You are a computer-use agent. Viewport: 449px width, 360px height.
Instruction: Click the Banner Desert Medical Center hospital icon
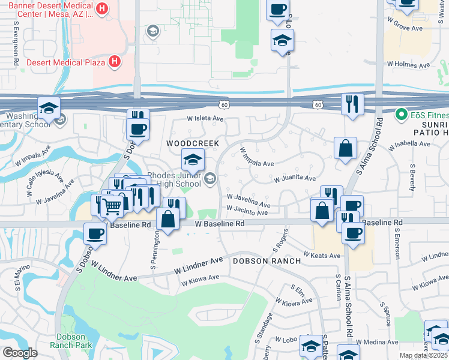(x=101, y=9)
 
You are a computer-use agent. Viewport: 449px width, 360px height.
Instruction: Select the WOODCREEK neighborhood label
(x=189, y=144)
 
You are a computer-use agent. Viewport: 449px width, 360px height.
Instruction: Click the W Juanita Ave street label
(x=295, y=178)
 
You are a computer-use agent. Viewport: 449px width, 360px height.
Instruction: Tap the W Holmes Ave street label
(x=409, y=63)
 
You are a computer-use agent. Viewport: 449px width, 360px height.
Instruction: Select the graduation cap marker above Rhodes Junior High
(x=193, y=160)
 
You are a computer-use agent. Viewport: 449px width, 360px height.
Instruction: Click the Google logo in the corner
(x=20, y=353)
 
